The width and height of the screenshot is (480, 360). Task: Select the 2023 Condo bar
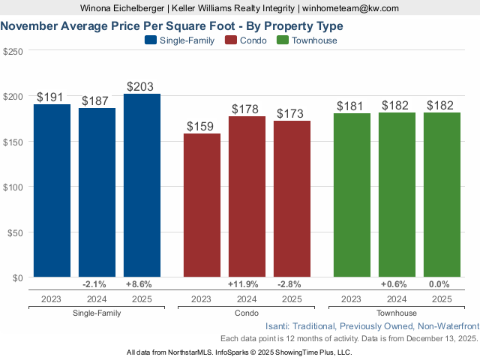pos(202,205)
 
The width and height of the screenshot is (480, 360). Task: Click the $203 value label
pos(142,87)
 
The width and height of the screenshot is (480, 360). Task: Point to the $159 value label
pos(202,127)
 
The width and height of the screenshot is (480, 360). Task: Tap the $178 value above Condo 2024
pos(247,109)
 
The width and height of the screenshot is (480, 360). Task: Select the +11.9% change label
pos(247,284)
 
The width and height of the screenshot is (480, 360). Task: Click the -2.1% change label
pos(97,284)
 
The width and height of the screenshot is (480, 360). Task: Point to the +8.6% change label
pos(142,284)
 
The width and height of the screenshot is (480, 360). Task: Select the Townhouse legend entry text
pos(315,40)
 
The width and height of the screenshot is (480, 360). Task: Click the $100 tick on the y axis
pos(13,187)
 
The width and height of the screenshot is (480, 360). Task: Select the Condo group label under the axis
pos(247,313)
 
